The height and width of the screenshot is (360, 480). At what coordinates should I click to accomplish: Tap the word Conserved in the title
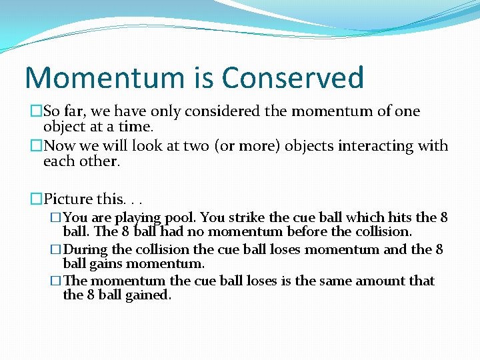pos(293,78)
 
